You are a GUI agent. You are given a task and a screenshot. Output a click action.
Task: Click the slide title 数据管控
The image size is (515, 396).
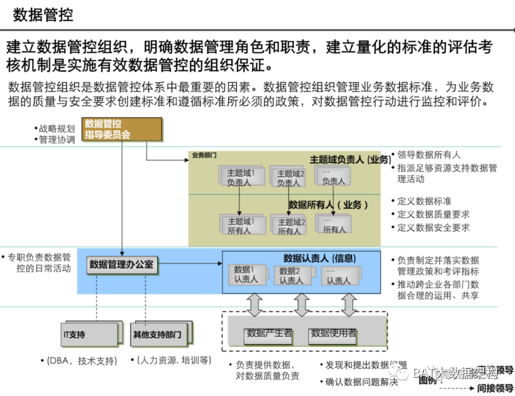[43, 14]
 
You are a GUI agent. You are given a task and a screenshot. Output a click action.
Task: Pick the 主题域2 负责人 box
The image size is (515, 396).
[289, 177]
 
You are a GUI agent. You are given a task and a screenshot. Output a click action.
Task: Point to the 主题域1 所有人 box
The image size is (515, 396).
[240, 225]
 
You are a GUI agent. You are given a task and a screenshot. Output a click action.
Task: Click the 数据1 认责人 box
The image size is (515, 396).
[247, 275]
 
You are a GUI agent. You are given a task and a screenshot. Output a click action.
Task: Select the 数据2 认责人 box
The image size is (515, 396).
[292, 275]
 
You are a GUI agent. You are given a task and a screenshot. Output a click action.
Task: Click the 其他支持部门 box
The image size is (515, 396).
[157, 334]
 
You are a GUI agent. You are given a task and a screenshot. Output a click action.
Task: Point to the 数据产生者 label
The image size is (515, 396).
[269, 333]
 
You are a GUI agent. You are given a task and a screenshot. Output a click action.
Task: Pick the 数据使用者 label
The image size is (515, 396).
[333, 333]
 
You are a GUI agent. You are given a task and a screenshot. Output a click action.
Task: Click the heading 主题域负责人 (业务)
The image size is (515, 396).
[350, 159]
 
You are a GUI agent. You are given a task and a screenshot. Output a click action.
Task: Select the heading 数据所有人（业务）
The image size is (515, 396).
[328, 205]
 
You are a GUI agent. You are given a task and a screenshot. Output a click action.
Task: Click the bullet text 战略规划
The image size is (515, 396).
[57, 128]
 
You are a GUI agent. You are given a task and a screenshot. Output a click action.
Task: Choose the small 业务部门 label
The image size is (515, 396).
[204, 155]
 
